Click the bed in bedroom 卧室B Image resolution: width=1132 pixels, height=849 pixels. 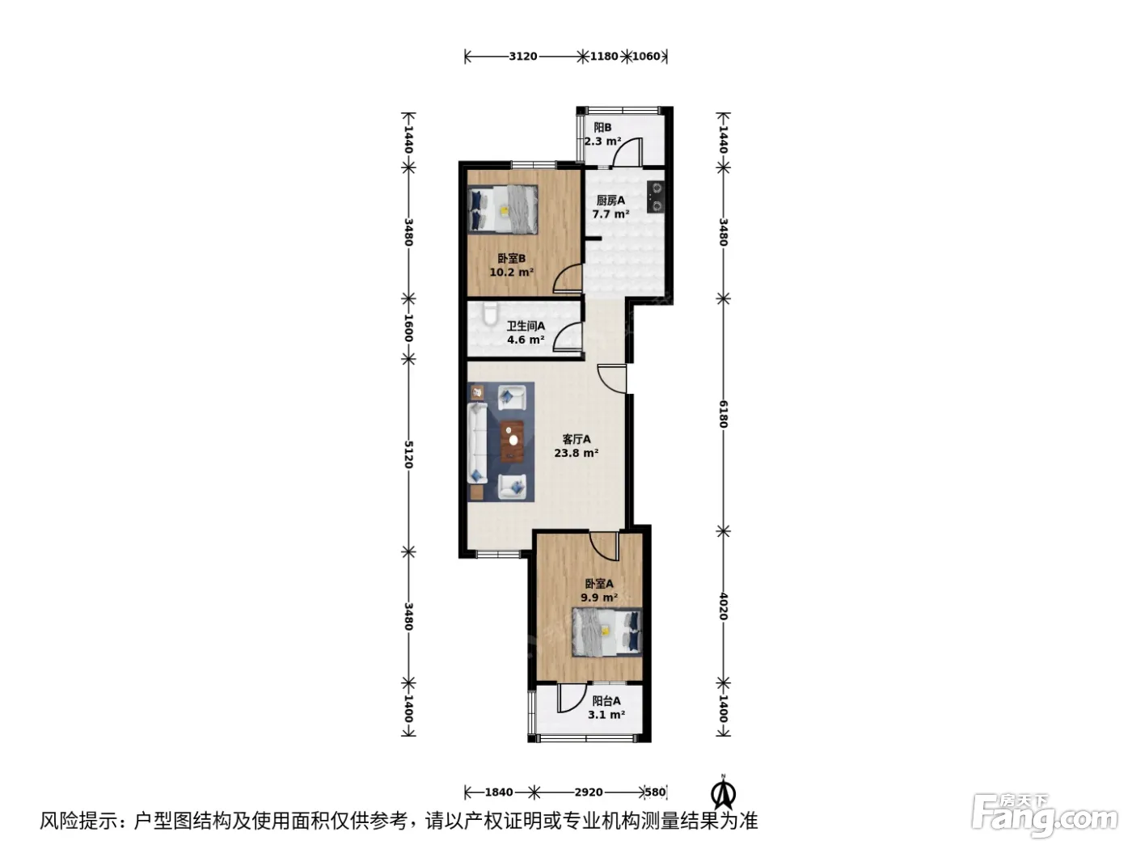(503, 209)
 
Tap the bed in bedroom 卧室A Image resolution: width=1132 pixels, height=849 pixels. (607, 632)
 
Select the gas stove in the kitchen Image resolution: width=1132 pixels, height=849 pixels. (656, 197)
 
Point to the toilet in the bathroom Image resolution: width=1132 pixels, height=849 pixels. (490, 313)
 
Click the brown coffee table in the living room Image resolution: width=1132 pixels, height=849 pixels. (512, 441)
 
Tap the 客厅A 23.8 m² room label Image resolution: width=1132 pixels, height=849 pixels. (576, 446)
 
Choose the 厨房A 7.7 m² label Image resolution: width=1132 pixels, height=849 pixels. (610, 207)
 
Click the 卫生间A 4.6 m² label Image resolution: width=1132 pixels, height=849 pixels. (526, 332)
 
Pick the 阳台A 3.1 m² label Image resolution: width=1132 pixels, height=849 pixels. (606, 707)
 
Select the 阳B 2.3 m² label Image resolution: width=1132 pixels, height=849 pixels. (602, 134)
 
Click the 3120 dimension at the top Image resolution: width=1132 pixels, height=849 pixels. (523, 56)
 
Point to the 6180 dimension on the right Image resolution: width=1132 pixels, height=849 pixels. (723, 414)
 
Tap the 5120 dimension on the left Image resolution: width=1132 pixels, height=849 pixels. (408, 454)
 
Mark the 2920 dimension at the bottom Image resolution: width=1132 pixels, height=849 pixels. (589, 792)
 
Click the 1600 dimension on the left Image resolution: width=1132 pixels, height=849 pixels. (408, 327)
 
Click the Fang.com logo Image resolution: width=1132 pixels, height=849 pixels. (1045, 816)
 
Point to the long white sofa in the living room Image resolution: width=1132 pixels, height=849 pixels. (477, 443)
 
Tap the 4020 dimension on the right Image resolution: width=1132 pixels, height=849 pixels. (723, 606)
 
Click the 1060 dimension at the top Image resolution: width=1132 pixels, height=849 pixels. (646, 56)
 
